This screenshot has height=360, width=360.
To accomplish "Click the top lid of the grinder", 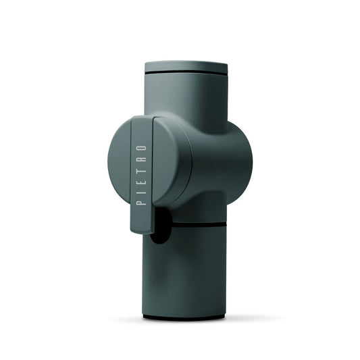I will tap(186, 66).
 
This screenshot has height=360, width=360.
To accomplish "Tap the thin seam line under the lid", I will tap(186, 72).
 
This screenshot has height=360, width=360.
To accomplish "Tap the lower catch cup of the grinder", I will tap(189, 270).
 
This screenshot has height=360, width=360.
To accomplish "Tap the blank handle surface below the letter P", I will tap(141, 216).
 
